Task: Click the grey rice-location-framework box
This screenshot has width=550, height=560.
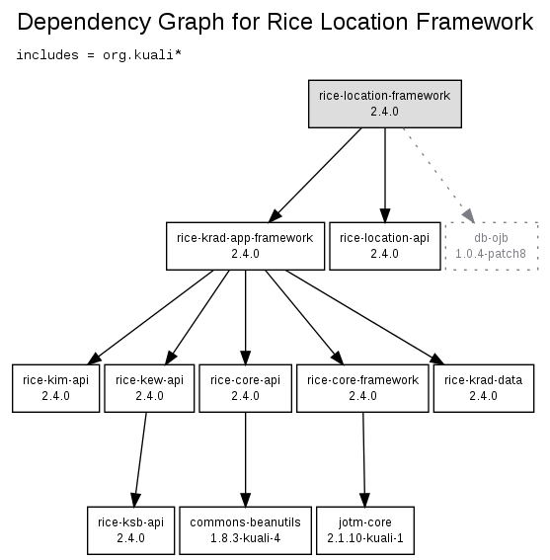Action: coord(385,104)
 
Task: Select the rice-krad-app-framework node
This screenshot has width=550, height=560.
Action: coord(245,246)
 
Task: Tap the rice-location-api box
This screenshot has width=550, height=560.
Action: coord(385,246)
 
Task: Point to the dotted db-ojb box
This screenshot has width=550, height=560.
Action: coord(492,246)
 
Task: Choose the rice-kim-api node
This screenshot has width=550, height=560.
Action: coord(55,388)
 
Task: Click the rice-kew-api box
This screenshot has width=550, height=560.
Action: coord(149,388)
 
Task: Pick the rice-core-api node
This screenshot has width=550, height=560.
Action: coord(245,388)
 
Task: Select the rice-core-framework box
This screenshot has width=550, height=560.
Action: coord(362,388)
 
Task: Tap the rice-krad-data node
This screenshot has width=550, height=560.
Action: coord(484,388)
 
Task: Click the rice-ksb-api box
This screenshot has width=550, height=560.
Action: coord(130,530)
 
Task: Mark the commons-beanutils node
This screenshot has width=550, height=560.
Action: coord(245,530)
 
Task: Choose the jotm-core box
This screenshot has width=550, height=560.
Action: coord(365,530)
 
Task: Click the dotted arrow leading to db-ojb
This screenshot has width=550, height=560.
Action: coord(439,176)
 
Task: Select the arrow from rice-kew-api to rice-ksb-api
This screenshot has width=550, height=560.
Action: coord(140,459)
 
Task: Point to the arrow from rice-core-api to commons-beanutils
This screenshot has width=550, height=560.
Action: coord(245,459)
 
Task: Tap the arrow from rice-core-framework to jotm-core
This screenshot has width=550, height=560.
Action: coord(364,459)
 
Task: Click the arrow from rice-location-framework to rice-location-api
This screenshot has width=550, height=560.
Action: coord(385,176)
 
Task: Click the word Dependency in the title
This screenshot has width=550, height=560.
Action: coord(84,22)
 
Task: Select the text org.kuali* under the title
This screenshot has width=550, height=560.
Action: coord(142,55)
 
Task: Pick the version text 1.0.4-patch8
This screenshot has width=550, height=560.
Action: coord(491,254)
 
